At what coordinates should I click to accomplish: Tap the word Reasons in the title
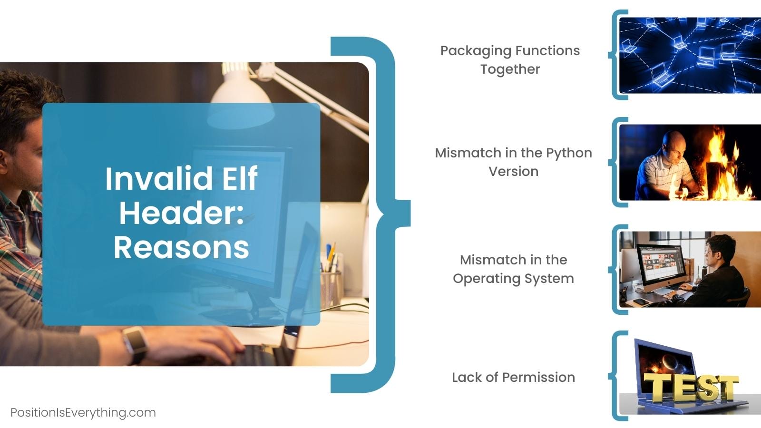coord(181,248)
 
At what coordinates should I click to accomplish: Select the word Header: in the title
coord(181,213)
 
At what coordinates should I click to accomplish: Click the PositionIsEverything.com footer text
coord(83,413)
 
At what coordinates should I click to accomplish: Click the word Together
coord(510,69)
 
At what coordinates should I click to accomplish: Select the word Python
coord(569,154)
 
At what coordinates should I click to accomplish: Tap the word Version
coord(513,172)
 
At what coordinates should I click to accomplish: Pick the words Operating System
coord(513,279)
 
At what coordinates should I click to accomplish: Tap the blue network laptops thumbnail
coord(690,55)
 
